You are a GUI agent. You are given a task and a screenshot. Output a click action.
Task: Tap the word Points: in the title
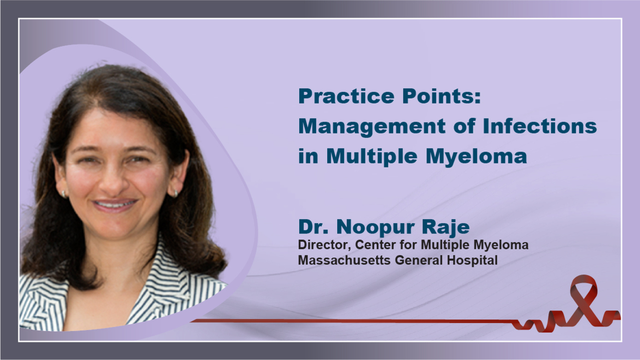442,96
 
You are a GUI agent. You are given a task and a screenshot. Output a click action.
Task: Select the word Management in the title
372,127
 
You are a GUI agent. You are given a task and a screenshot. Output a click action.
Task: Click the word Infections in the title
540,126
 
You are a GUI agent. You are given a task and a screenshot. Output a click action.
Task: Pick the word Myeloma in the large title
476,157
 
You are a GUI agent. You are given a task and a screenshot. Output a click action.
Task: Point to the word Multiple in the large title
372,156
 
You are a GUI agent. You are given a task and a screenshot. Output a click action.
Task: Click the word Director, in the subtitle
324,245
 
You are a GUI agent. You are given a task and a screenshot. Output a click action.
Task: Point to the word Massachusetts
344,260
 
